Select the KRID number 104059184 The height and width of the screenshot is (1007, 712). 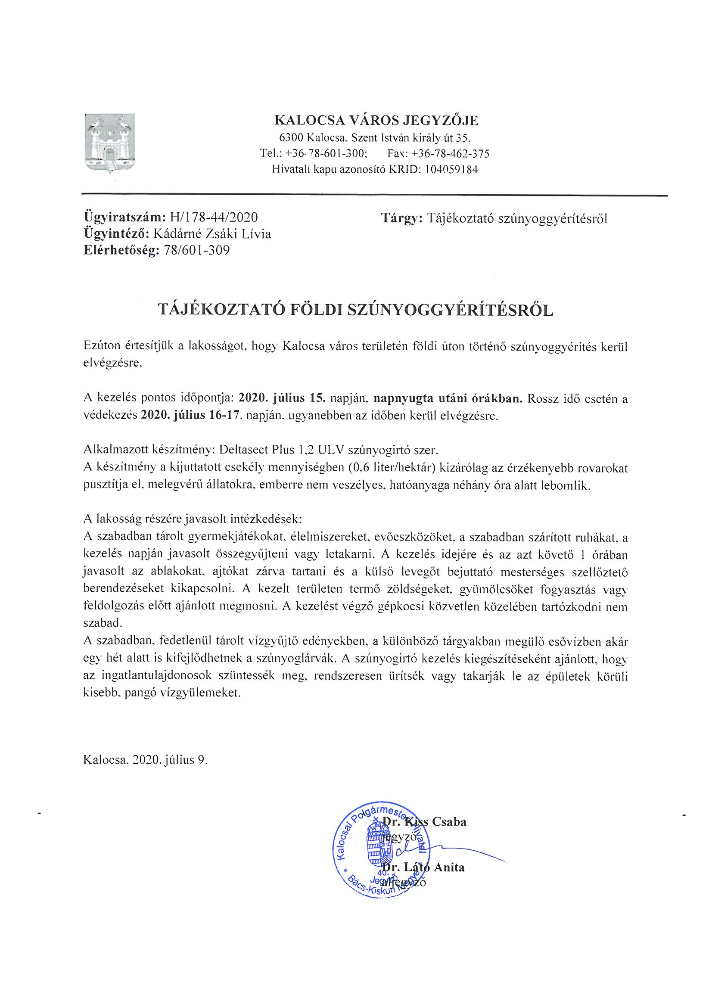point(451,169)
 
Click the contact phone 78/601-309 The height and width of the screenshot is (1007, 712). point(196,250)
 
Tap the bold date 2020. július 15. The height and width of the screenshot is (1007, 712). point(281,399)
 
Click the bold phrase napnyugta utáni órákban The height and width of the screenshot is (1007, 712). point(448,399)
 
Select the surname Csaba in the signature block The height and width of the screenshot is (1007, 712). point(449,821)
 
